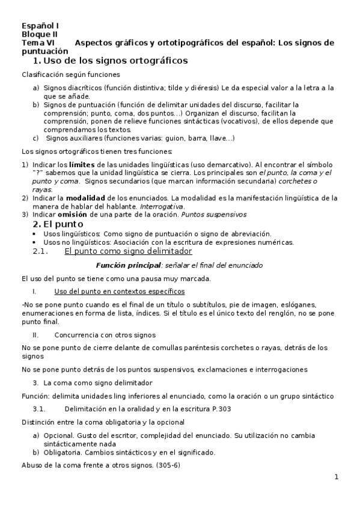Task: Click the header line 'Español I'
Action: click(x=40, y=26)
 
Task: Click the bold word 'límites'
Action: click(x=81, y=164)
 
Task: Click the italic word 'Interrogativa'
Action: click(x=162, y=206)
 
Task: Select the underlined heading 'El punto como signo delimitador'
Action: click(x=128, y=251)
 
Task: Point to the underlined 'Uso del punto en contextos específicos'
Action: click(x=115, y=291)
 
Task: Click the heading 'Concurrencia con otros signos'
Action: click(x=105, y=334)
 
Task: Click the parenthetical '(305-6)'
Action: click(x=168, y=465)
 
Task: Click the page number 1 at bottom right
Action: click(x=337, y=478)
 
